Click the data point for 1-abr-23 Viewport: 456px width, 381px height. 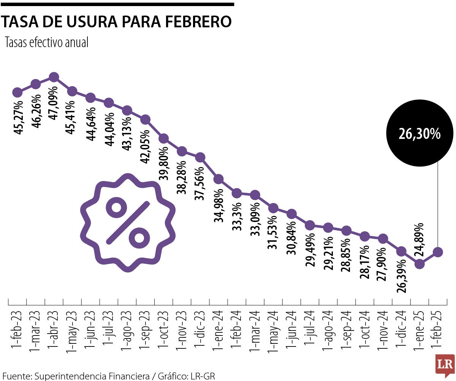click(x=54, y=77)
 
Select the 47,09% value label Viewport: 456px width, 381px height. click(x=54, y=103)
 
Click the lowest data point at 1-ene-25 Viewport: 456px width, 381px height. click(x=420, y=264)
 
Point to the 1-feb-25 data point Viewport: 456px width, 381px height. click(x=438, y=252)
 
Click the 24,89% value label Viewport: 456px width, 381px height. click(x=420, y=239)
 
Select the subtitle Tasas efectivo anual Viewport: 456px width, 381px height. click(x=46, y=43)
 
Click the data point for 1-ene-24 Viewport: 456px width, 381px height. click(x=218, y=179)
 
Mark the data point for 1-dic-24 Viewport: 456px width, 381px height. click(x=401, y=251)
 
